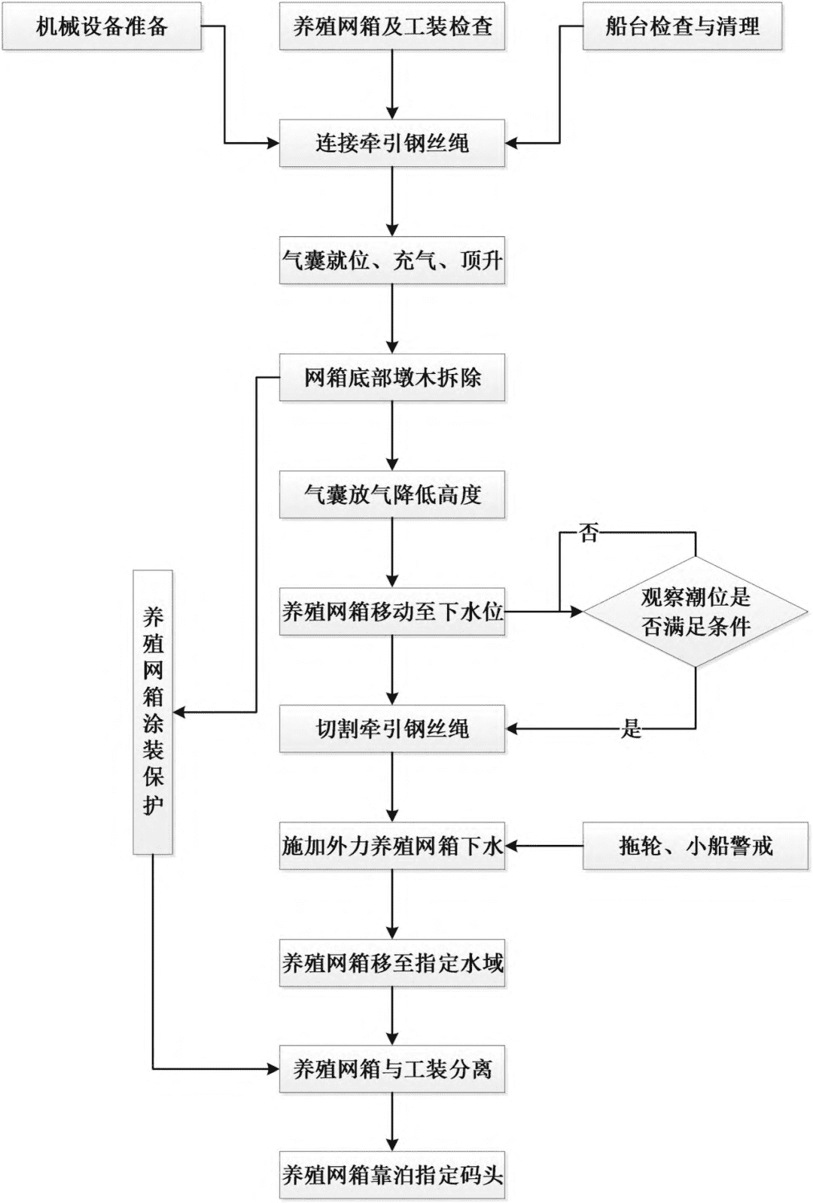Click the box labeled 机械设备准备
point(102,27)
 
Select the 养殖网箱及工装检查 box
point(392,27)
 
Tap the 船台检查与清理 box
point(682,27)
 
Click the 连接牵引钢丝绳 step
point(392,143)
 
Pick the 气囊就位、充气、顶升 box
point(392,261)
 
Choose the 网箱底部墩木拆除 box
point(392,378)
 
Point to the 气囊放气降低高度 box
point(392,495)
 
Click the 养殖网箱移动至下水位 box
point(392,612)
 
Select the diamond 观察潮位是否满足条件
point(696,612)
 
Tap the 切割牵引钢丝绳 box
point(392,728)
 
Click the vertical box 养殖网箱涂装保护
point(153,712)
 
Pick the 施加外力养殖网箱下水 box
point(392,846)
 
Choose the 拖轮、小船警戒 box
point(696,846)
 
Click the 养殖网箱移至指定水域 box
point(392,963)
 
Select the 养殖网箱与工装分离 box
point(392,1068)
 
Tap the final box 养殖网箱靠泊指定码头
point(392,1174)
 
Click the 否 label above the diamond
point(589,533)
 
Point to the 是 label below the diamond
point(631,728)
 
